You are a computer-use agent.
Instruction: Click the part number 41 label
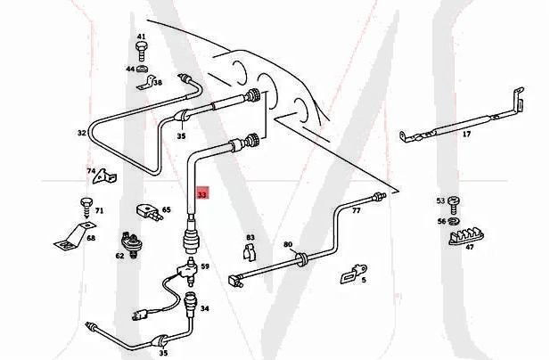pyautogui.click(x=141, y=37)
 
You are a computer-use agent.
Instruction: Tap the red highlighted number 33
pyautogui.click(x=202, y=193)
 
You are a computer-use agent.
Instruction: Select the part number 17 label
pyautogui.click(x=466, y=135)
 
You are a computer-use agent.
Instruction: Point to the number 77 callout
pyautogui.click(x=356, y=212)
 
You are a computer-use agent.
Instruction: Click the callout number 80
pyautogui.click(x=287, y=244)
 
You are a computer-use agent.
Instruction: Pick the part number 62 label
pyautogui.click(x=119, y=256)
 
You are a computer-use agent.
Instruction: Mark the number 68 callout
pyautogui.click(x=90, y=238)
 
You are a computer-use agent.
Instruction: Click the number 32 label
pyautogui.click(x=81, y=134)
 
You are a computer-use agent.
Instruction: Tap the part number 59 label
pyautogui.click(x=204, y=266)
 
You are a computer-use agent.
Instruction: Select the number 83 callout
pyautogui.click(x=250, y=237)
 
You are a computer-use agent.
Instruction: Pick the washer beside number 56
pyautogui.click(x=453, y=220)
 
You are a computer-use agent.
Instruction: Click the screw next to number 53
pyautogui.click(x=453, y=200)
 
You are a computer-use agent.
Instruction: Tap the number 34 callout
pyautogui.click(x=204, y=308)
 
